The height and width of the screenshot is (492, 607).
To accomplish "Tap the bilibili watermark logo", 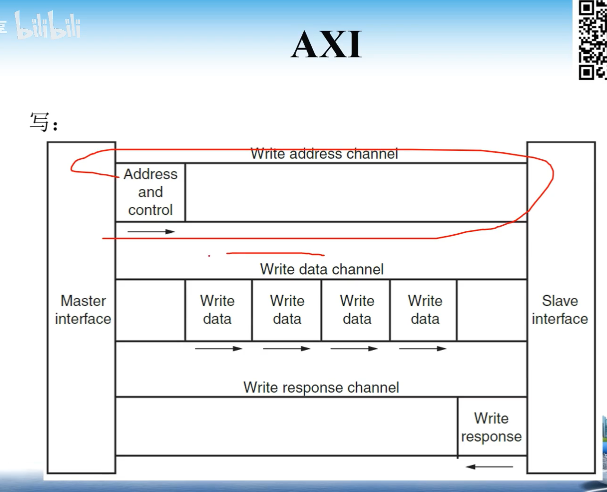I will tap(48, 25).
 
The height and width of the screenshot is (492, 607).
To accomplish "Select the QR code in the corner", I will tap(592, 40).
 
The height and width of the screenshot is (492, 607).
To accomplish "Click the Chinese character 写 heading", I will tap(40, 122).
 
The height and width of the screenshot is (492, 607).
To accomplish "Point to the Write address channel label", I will tap(324, 154).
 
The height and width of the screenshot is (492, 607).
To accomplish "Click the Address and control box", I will tap(150, 192).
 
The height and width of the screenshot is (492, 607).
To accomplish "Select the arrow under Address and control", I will tap(151, 231).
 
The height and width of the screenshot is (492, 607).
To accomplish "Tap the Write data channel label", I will tap(322, 269).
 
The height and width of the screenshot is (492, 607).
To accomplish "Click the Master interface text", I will tap(83, 310).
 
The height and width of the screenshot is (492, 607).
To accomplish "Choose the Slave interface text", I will tap(560, 310).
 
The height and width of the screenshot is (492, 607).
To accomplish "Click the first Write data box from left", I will tap(217, 310).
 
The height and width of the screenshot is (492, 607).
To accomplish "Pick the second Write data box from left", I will tap(287, 310).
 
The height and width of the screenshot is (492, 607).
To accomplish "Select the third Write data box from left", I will tap(357, 310).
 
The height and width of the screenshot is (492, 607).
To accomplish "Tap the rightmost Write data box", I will tap(424, 310).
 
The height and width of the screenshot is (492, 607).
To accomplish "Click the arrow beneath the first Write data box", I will tap(218, 349).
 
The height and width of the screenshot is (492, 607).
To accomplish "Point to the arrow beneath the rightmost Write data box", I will tap(423, 349).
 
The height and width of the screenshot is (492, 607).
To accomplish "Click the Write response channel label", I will tap(321, 387).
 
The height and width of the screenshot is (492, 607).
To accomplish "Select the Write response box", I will tap(491, 427).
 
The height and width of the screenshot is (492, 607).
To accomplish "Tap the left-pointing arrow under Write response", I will tap(489, 467).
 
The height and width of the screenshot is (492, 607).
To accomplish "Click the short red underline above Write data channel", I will tap(275, 254).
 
